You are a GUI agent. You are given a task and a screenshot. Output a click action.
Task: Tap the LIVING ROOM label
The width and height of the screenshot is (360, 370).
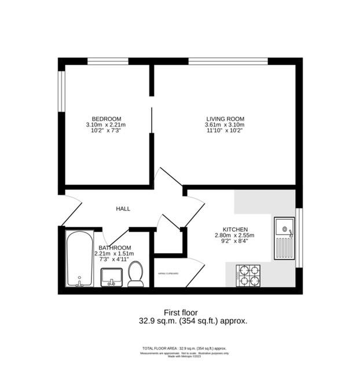coord(225,119)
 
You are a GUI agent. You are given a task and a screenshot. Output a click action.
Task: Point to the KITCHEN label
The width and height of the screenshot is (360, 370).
coord(236,230)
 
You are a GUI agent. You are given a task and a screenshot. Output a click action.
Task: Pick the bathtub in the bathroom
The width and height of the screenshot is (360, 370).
coord(79,258)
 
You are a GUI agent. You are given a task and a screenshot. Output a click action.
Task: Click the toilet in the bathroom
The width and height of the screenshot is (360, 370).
coord(135,273)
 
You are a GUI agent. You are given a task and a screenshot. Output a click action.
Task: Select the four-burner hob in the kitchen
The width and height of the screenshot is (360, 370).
coord(249,275)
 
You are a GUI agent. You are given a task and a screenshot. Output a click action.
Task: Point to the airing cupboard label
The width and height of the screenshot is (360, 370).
coord(167,273)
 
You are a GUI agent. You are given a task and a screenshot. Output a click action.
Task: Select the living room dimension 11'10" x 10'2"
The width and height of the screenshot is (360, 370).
coord(225,131)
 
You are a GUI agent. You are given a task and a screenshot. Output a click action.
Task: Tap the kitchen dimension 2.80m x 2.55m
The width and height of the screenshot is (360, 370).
coord(235,235)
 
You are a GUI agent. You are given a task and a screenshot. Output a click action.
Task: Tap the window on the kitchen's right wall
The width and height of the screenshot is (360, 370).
coord(299,238)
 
